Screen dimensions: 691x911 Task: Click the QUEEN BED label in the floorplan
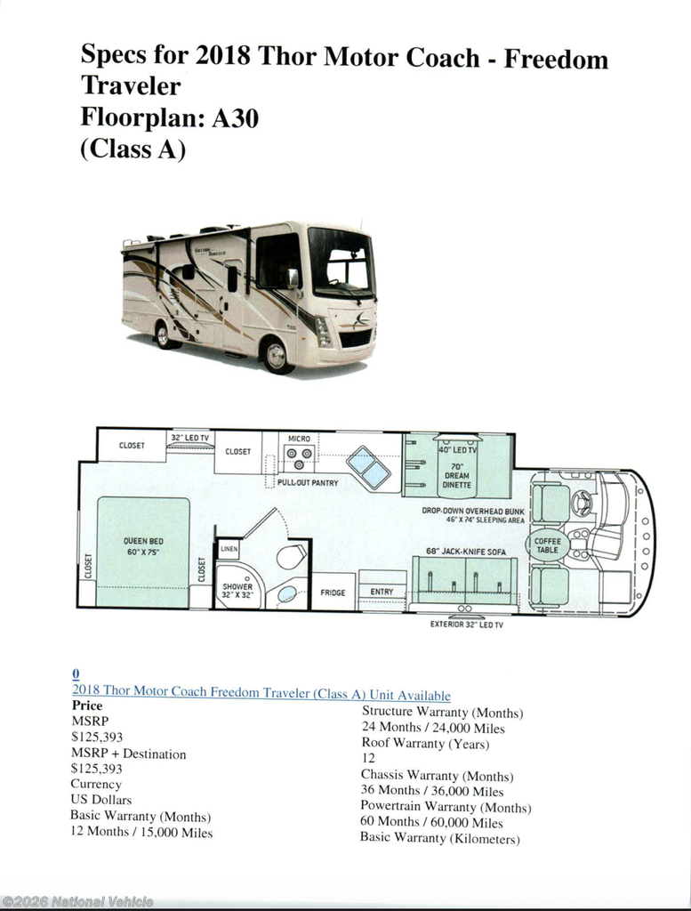click(x=143, y=546)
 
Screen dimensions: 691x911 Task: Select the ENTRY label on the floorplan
click(x=382, y=592)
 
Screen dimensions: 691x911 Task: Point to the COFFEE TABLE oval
click(x=547, y=545)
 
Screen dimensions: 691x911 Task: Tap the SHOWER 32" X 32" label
click(x=237, y=591)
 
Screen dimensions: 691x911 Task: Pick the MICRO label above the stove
click(x=299, y=439)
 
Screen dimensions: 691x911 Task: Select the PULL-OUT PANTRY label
click(x=308, y=483)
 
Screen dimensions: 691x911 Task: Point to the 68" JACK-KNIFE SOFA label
click(x=466, y=552)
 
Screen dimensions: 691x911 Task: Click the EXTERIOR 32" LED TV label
click(x=467, y=625)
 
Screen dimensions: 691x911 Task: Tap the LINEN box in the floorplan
click(x=229, y=549)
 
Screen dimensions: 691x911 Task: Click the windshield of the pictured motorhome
click(x=341, y=262)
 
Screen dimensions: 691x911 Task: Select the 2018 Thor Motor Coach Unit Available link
click(x=261, y=692)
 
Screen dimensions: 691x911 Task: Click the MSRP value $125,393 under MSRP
click(x=97, y=737)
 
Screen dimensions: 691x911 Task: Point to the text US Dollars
click(x=101, y=800)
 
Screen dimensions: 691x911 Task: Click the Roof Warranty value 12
click(x=368, y=758)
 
